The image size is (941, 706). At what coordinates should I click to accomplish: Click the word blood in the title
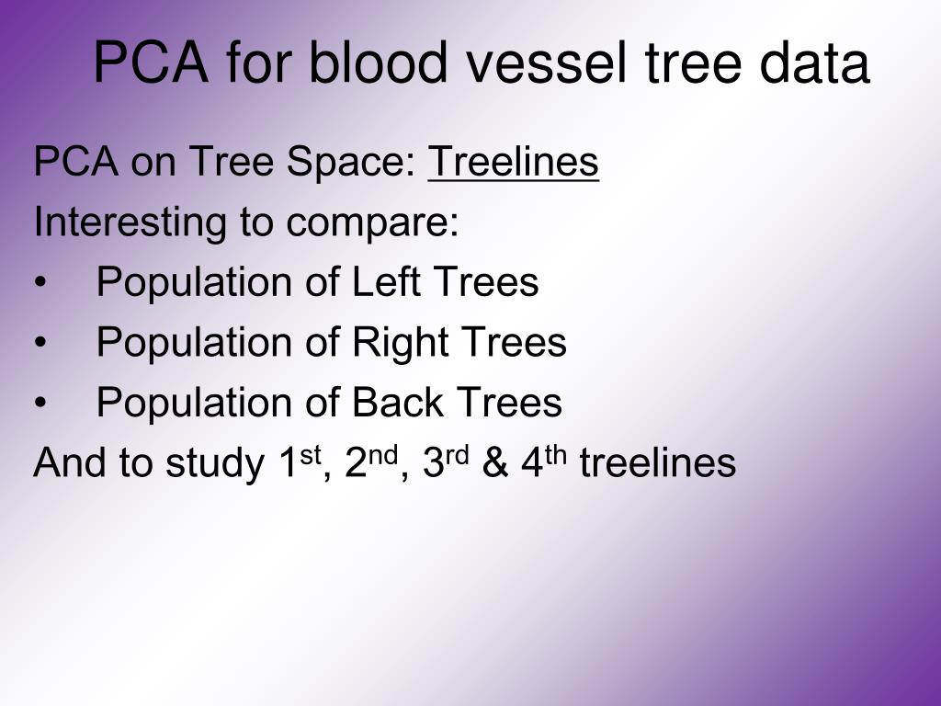378,62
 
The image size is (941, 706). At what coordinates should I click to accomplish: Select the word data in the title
814,62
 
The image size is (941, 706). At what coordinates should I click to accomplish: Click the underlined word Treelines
513,161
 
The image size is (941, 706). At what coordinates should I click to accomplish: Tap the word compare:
372,223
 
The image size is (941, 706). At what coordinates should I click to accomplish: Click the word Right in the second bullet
400,342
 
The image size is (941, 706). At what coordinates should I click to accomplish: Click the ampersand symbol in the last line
494,462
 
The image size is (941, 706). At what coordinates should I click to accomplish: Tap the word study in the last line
215,463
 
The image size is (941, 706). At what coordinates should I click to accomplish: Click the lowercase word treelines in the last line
658,461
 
